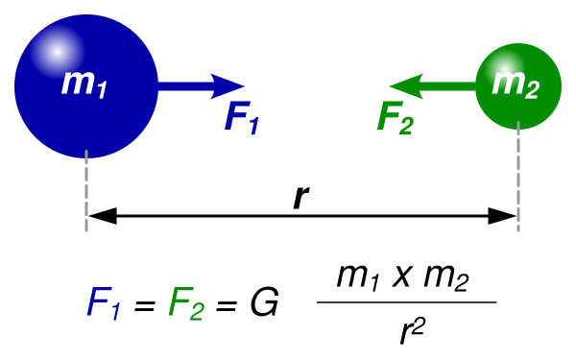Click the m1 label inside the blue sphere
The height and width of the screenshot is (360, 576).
[x=84, y=84]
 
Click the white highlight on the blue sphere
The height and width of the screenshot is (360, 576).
[x=57, y=52]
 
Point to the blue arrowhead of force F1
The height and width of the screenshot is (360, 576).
[x=227, y=86]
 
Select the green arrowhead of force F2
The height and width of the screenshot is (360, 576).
[x=406, y=86]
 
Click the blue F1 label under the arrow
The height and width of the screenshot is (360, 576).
[x=242, y=117]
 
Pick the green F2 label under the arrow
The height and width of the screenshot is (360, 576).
[x=396, y=117]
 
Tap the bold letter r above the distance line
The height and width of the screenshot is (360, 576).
[x=301, y=197]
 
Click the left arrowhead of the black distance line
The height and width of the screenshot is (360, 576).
[x=103, y=216]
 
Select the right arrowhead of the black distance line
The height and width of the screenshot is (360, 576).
[x=502, y=216]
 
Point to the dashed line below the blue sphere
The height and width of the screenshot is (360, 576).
[x=86, y=190]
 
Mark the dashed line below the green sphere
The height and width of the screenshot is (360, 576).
[x=518, y=176]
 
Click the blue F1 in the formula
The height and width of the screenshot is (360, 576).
[x=104, y=303]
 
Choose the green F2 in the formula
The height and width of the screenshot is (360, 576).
[x=186, y=303]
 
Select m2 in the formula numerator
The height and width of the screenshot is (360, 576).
[x=446, y=277]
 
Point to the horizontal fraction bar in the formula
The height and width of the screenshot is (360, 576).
[x=407, y=302]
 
